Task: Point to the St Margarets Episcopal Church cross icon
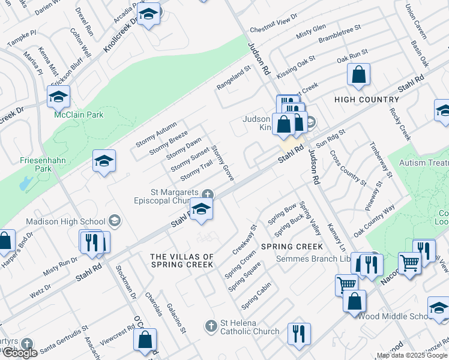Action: (207, 193)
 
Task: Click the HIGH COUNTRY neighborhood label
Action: (366, 100)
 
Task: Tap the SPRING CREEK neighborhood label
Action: (292, 247)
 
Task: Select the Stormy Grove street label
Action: (223, 163)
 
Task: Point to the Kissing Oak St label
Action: (296, 67)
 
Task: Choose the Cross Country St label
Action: (348, 167)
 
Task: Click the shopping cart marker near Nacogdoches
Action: (409, 263)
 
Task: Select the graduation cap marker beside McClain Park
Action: (59, 96)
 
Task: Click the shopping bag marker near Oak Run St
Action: (358, 75)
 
